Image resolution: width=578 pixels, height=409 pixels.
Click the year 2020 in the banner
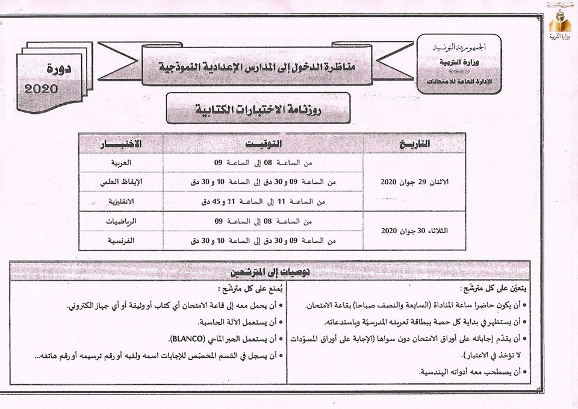point(42,89)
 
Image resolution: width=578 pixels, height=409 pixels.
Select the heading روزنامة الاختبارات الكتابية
point(258,110)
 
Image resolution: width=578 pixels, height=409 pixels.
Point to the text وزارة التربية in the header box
point(459,62)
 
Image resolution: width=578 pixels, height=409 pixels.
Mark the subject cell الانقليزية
point(120,201)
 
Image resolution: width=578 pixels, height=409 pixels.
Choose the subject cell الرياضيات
point(120,221)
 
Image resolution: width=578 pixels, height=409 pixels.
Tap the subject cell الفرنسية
point(121,240)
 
